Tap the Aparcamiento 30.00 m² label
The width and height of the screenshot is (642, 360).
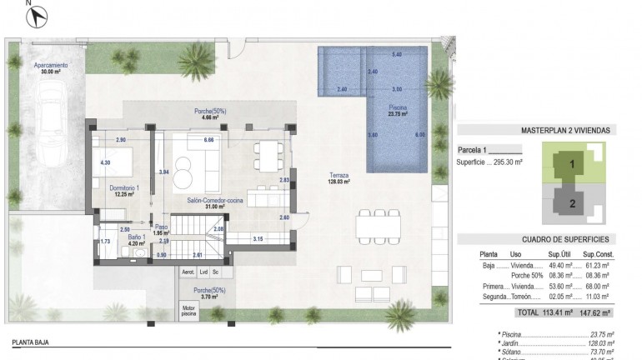pos(51,68)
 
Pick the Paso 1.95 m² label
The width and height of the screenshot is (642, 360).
pos(161,229)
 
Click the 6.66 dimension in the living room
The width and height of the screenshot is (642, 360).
pos(209,139)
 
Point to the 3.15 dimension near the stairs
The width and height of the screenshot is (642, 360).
pos(258,239)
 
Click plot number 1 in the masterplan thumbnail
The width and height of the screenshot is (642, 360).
pos(572,164)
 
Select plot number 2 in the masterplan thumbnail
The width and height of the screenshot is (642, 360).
pos(572,202)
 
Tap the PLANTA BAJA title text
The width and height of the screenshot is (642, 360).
pos(33,342)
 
